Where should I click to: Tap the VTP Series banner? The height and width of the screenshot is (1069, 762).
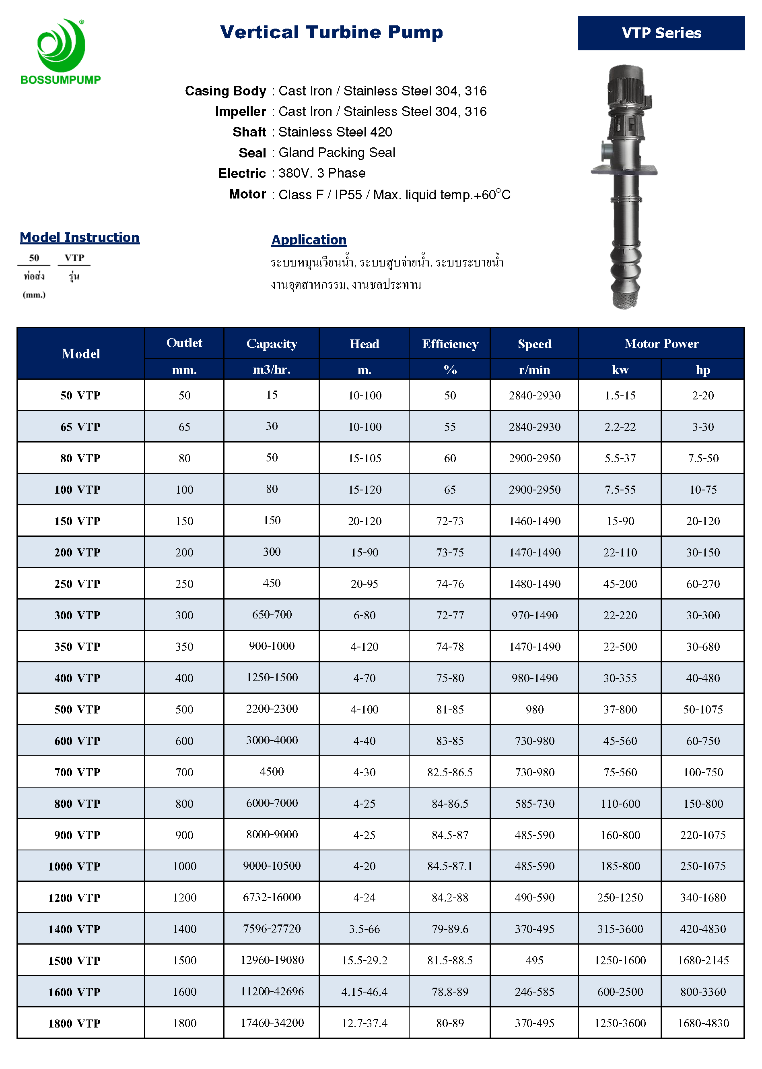click(661, 33)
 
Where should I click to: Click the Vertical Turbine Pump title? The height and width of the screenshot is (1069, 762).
click(331, 32)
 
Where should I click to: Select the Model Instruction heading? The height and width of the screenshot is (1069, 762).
click(79, 237)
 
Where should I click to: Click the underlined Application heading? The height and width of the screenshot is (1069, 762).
click(309, 240)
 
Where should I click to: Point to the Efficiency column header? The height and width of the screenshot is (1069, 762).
click(449, 344)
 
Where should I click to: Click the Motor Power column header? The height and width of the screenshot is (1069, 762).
click(661, 344)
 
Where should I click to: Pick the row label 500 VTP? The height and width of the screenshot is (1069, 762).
click(77, 709)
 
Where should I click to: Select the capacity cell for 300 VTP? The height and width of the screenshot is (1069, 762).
click(272, 614)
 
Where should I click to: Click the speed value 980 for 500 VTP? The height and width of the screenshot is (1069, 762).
click(534, 709)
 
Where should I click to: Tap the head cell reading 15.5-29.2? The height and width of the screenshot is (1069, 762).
click(365, 960)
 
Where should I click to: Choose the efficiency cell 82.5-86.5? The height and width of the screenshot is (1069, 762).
click(449, 772)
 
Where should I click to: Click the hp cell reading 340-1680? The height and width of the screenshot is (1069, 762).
click(702, 897)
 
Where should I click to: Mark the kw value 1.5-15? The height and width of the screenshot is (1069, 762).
click(620, 395)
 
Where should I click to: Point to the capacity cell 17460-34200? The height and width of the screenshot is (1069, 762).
click(272, 1023)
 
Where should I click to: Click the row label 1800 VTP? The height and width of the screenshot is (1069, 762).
click(74, 1023)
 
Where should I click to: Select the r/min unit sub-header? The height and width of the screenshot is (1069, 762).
click(534, 370)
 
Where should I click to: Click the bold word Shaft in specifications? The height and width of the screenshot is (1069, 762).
click(249, 132)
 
